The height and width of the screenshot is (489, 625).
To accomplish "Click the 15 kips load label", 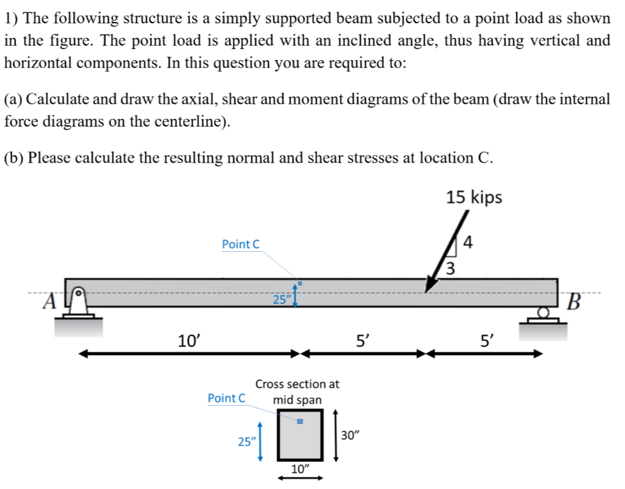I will [x=474, y=197].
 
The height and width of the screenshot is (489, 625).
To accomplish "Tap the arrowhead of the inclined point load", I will [x=429, y=287].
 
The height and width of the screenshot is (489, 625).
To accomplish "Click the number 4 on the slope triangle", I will [x=469, y=244].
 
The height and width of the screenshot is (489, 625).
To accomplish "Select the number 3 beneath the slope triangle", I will [x=452, y=267].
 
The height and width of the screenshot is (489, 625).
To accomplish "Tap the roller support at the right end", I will [x=546, y=315].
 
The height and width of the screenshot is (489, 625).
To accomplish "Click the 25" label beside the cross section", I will [x=246, y=442].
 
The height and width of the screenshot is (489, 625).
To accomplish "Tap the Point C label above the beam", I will [x=240, y=244].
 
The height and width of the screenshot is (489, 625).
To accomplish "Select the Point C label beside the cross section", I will [x=227, y=398].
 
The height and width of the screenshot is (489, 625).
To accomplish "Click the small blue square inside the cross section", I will [x=300, y=422].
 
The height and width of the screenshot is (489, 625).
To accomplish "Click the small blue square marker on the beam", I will [x=300, y=283].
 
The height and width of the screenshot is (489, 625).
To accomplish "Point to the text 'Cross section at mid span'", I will [x=297, y=391].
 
